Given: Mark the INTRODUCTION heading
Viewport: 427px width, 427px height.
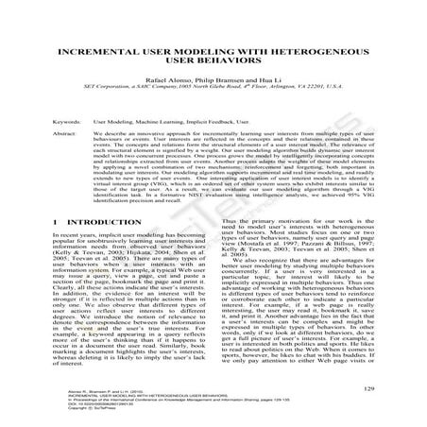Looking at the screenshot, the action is [x=114, y=248].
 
